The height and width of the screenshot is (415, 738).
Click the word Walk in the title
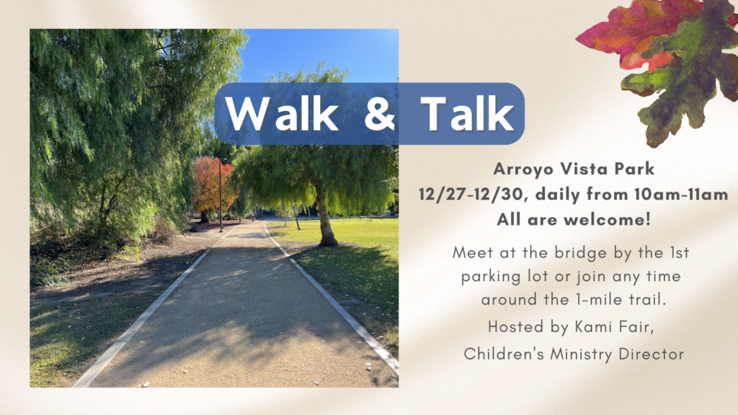282,113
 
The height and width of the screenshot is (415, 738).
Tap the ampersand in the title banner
379,113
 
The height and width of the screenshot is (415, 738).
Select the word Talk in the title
467,113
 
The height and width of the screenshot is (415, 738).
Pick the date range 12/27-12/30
470,195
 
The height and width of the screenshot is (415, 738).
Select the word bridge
582,253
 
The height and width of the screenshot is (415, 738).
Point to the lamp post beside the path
221,195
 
